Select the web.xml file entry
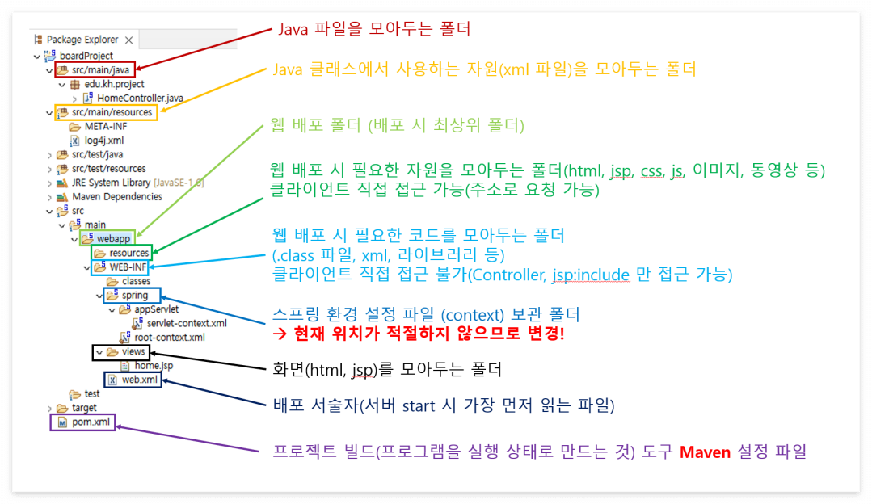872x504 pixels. (139, 380)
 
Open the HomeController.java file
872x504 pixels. (140, 98)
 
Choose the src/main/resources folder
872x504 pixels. (111, 112)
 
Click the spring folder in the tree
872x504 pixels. (135, 296)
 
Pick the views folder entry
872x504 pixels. (133, 352)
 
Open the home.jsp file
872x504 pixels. (154, 366)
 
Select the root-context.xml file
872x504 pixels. (170, 338)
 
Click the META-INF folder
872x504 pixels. (105, 126)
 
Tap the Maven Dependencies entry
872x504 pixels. (116, 196)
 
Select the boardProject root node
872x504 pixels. (86, 56)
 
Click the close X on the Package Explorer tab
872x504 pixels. (128, 40)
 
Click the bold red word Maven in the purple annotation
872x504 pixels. (706, 451)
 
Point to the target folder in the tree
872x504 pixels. (84, 408)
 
